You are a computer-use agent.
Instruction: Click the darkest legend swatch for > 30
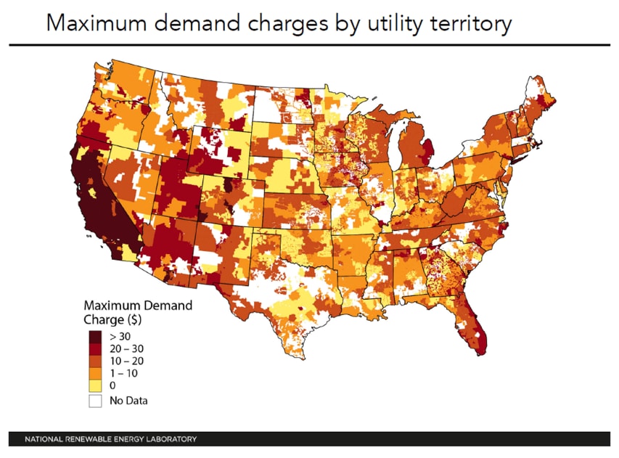pos(95,337)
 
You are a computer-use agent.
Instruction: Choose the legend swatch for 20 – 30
pos(95,349)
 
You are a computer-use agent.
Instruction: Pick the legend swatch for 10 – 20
pos(95,361)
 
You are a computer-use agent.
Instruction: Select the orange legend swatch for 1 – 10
pos(95,373)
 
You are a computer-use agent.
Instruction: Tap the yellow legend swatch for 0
pos(95,385)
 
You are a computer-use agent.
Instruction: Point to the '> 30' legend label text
pos(120,337)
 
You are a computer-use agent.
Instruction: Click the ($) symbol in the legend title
pos(135,319)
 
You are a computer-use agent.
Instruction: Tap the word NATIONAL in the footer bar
pos(44,439)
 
